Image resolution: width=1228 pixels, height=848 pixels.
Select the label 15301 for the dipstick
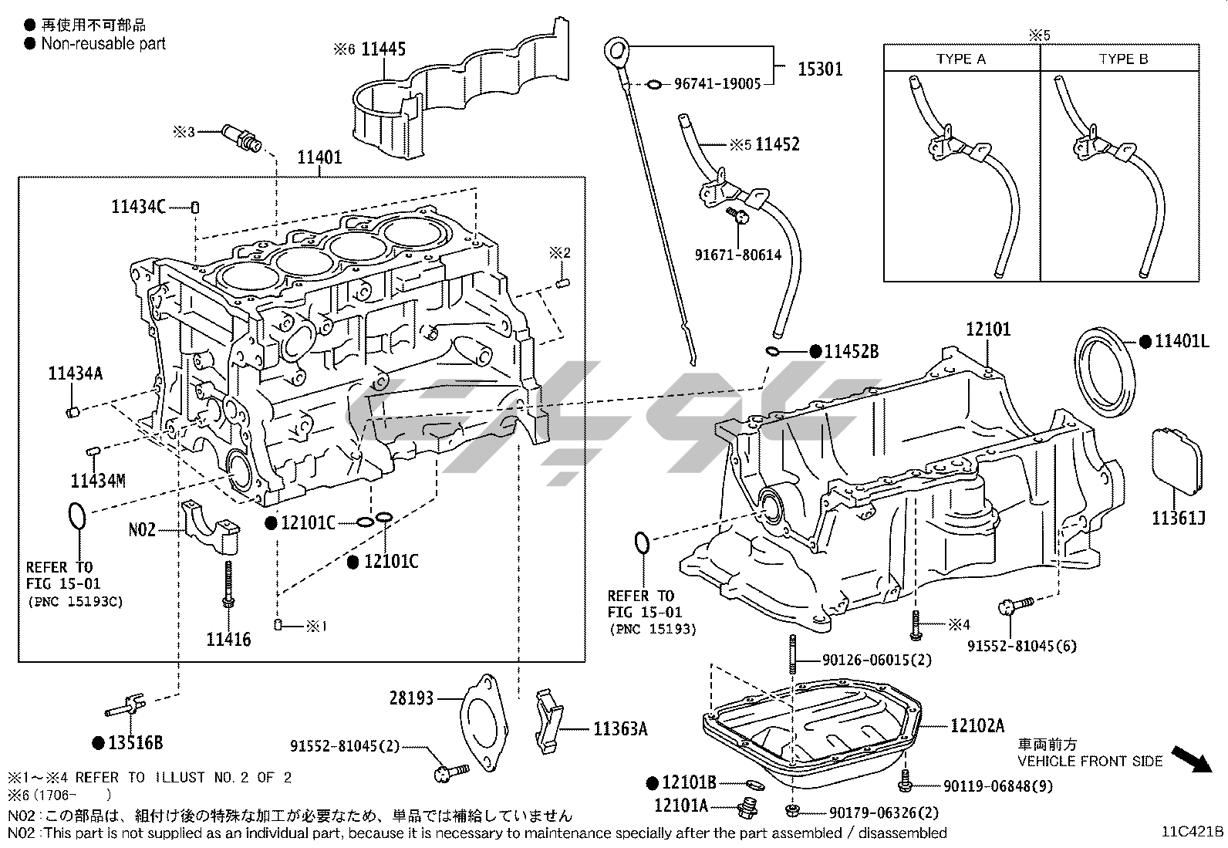click(x=820, y=69)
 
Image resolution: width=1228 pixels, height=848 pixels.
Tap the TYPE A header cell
click(x=961, y=59)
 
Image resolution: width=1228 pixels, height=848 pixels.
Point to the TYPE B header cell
click(x=1123, y=59)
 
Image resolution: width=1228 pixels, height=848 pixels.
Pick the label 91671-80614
click(x=738, y=254)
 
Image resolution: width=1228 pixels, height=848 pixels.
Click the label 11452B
click(x=852, y=352)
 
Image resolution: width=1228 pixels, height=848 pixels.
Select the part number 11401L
click(x=1182, y=340)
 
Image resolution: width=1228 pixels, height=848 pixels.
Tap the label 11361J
click(x=1179, y=518)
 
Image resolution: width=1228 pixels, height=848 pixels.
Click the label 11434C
click(x=138, y=207)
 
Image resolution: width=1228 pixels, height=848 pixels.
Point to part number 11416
click(x=228, y=639)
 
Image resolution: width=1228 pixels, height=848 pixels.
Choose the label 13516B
click(x=135, y=743)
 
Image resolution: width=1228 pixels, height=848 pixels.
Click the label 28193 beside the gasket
click(x=412, y=698)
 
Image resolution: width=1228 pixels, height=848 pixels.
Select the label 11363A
click(x=620, y=728)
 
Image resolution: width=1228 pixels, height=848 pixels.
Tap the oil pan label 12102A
click(x=977, y=725)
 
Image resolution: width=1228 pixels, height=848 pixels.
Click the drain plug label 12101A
click(x=681, y=806)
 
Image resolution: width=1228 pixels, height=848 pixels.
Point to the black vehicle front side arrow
click(x=1190, y=758)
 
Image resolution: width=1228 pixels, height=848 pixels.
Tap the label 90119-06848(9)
click(x=997, y=786)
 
